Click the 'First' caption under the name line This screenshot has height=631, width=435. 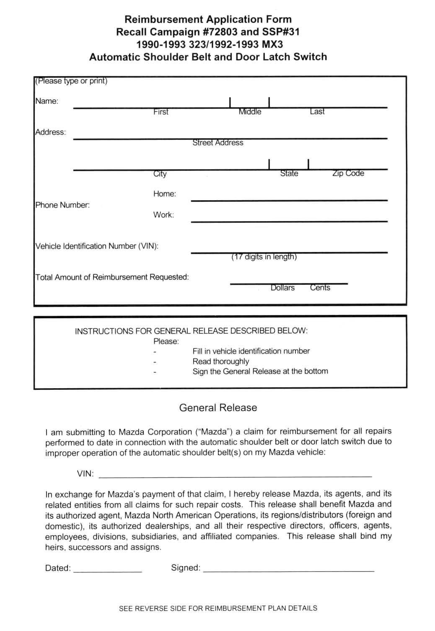click(x=161, y=112)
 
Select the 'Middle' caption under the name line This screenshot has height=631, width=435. click(x=250, y=112)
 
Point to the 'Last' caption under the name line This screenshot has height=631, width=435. click(x=317, y=111)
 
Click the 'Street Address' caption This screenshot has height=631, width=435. click(x=218, y=143)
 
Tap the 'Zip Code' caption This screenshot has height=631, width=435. click(x=348, y=173)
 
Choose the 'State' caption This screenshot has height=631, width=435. click(x=289, y=173)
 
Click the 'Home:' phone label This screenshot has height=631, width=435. click(x=165, y=194)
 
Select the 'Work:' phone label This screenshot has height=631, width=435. click(x=163, y=215)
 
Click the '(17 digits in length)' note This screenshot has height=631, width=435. click(x=264, y=257)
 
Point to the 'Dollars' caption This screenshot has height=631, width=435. click(x=282, y=288)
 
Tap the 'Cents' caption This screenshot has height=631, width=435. click(x=320, y=288)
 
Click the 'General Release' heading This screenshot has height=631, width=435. click(x=218, y=408)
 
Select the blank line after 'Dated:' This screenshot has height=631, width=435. click(x=108, y=570)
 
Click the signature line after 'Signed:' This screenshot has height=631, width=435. click(x=289, y=569)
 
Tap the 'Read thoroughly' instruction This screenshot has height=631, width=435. click(x=221, y=361)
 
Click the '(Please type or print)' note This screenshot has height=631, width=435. click(x=71, y=81)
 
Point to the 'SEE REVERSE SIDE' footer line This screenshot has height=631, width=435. click(x=218, y=608)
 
